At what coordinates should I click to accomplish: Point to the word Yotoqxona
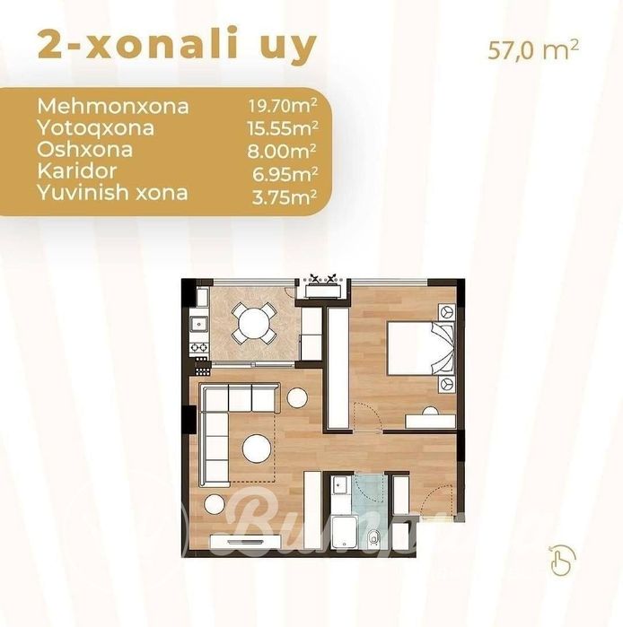tap(95, 128)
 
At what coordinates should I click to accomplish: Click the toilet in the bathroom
tap(373, 536)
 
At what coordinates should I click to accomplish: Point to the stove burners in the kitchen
tap(197, 345)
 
